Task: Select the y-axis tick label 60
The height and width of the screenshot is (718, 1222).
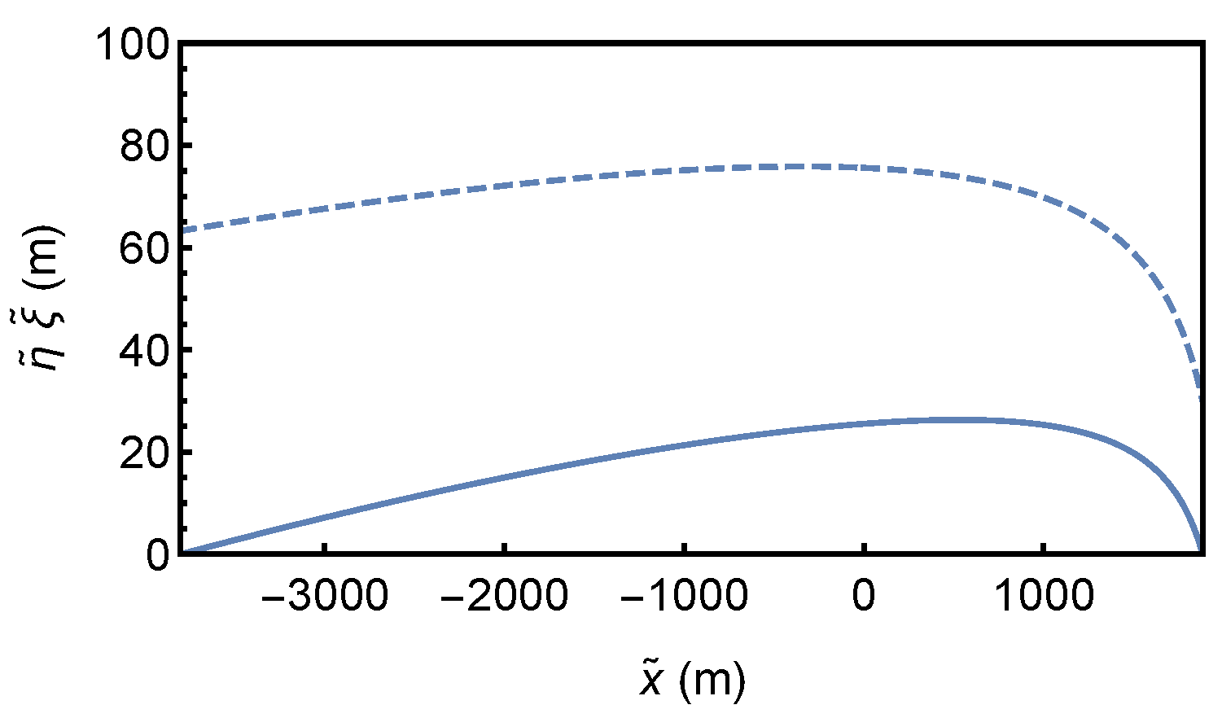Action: [147, 247]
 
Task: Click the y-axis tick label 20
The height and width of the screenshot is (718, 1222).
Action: [147, 453]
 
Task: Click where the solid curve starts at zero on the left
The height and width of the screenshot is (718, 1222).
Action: [182, 553]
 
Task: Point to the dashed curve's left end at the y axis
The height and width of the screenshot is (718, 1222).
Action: [182, 230]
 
